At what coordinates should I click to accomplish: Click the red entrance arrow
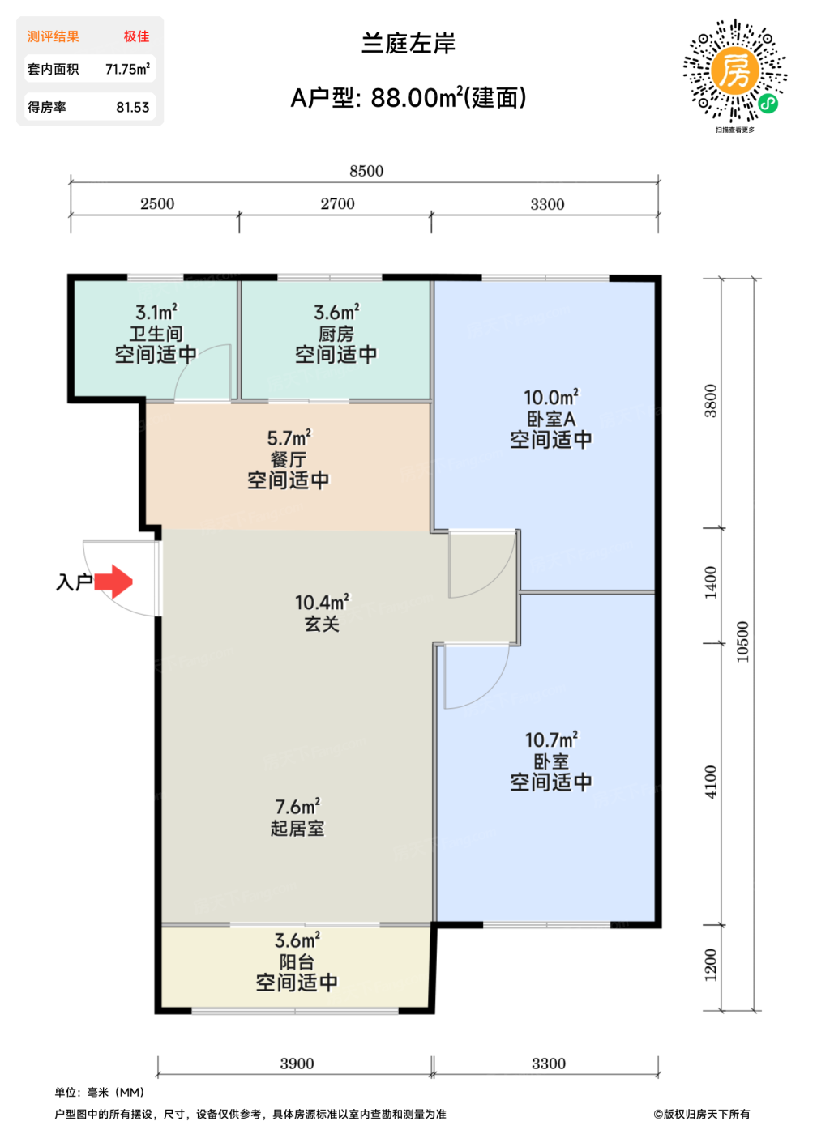(x=113, y=582)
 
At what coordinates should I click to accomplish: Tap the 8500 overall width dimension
(x=366, y=171)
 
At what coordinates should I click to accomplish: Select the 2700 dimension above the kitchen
(x=337, y=203)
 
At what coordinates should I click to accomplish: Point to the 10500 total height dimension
(x=742, y=642)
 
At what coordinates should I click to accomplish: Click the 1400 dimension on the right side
(x=711, y=582)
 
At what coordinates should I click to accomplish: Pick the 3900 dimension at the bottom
(x=297, y=1063)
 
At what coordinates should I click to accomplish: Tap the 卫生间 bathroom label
(x=156, y=334)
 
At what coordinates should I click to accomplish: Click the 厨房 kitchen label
(x=336, y=334)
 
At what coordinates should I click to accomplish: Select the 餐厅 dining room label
(x=289, y=460)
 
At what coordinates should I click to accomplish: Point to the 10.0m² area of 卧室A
(x=551, y=398)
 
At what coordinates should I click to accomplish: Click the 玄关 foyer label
(x=322, y=624)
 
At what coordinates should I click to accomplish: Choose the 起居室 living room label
(x=297, y=828)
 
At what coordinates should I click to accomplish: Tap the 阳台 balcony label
(x=297, y=962)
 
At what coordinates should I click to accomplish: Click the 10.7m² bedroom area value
(x=551, y=740)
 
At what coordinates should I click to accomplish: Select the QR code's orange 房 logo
(x=735, y=70)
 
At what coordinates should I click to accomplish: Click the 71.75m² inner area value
(x=127, y=69)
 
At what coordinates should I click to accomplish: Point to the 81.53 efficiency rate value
(x=133, y=107)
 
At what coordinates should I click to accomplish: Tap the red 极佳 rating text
(x=137, y=36)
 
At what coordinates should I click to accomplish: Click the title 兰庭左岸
(x=408, y=44)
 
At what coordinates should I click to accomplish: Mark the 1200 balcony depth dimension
(x=711, y=965)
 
